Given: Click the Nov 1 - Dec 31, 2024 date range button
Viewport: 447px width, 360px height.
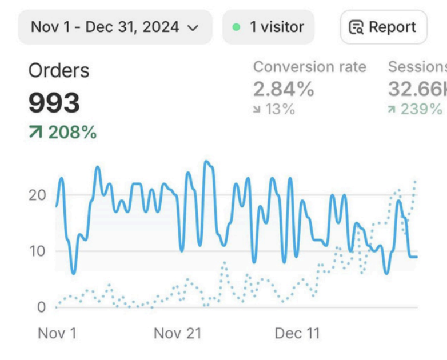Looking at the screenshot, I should click(x=114, y=27).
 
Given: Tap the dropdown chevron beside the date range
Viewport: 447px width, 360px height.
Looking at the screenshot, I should click(x=193, y=27).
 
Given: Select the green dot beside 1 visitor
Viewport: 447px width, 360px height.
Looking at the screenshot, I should click(x=236, y=27).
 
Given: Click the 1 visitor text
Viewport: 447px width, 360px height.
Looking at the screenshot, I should click(x=277, y=27).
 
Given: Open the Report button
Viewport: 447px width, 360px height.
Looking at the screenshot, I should click(x=383, y=27).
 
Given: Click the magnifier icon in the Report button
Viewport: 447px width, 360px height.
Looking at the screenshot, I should click(x=356, y=27).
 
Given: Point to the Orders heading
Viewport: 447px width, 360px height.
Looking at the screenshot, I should click(x=59, y=71).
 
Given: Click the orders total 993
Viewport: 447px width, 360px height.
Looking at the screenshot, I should click(x=54, y=103).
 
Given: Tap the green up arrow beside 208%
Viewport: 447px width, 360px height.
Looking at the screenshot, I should click(x=35, y=133).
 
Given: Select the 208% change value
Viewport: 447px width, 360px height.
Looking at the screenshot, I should click(x=72, y=133).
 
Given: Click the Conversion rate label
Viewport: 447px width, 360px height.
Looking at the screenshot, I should click(x=309, y=67).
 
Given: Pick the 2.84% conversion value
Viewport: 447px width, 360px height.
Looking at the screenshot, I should click(x=284, y=89).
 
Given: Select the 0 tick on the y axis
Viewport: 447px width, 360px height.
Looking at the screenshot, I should click(x=41, y=307).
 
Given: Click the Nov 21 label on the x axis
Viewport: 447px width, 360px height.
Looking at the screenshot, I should click(x=178, y=333).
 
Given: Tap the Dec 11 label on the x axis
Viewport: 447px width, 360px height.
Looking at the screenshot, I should click(x=297, y=333).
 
